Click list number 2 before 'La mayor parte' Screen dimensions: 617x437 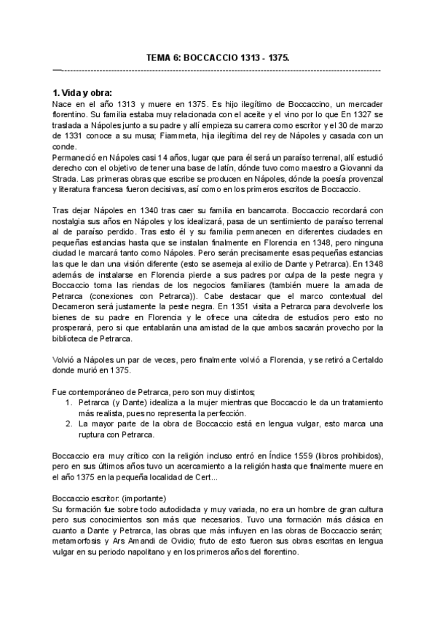point(68,424)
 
